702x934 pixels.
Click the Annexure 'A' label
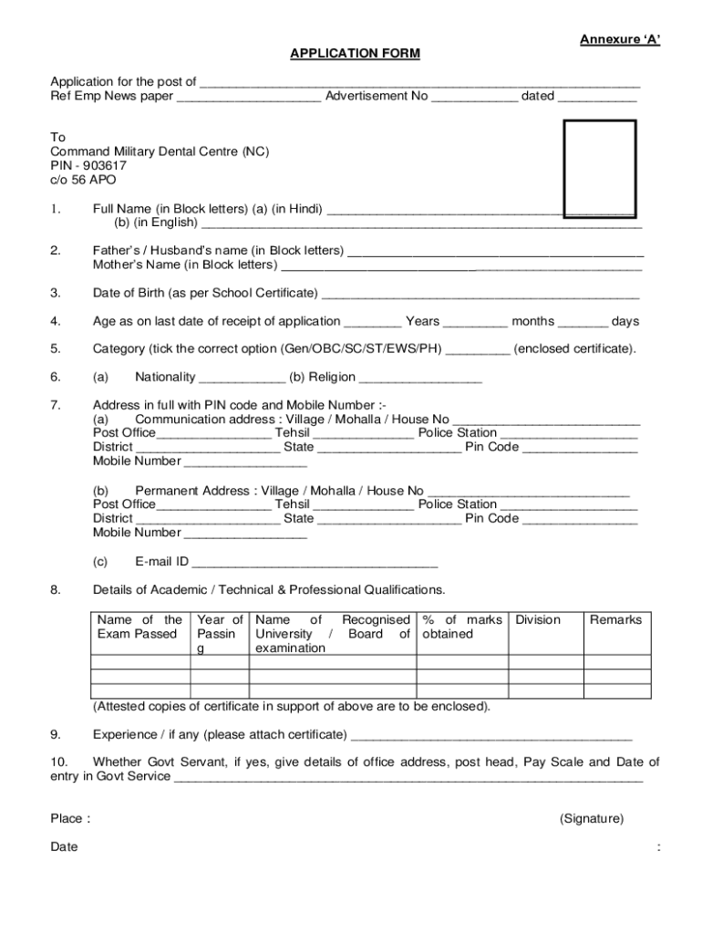[x=620, y=39]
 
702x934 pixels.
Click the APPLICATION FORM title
[x=355, y=54]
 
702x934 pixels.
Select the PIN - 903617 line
[x=88, y=166]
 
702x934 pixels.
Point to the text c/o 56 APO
[x=83, y=181]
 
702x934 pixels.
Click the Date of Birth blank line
[x=480, y=295]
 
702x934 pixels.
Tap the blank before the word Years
[x=373, y=323]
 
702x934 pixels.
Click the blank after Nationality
[x=242, y=379]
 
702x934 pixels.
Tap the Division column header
[x=538, y=620]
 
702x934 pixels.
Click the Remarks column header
[x=615, y=620]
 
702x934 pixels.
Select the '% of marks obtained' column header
[x=460, y=627]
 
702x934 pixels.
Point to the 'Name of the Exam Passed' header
[x=139, y=627]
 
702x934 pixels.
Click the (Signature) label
[x=592, y=819]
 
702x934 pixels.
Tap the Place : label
[x=70, y=819]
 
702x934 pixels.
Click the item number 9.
[x=56, y=735]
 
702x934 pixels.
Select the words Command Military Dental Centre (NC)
[x=160, y=151]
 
